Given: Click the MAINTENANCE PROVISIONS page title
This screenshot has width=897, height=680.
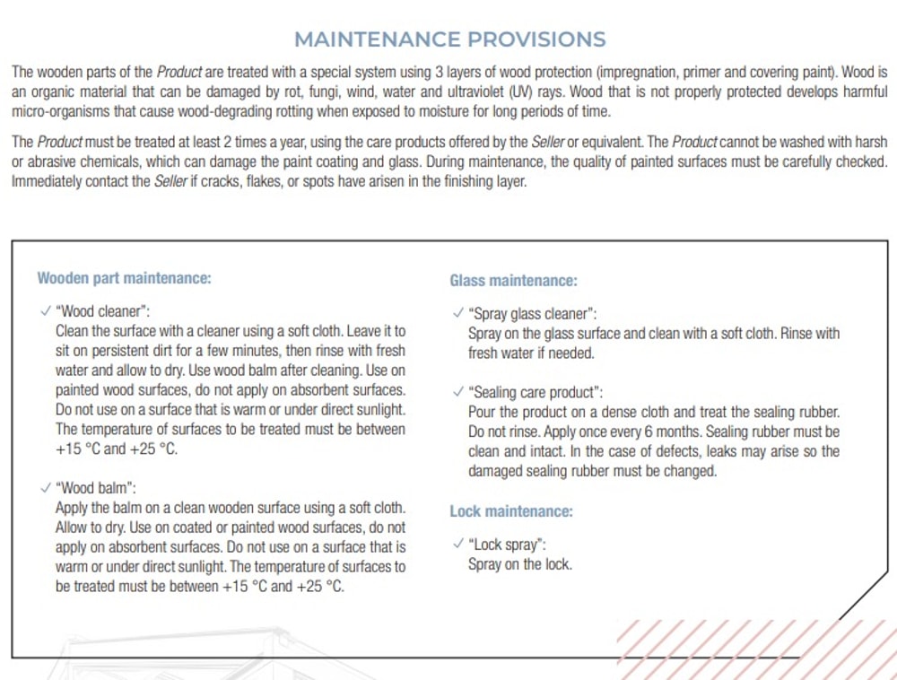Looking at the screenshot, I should tap(449, 39).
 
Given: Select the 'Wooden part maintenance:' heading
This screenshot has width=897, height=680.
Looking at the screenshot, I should tap(124, 278).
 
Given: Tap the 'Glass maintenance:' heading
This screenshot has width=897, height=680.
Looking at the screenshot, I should tap(513, 281).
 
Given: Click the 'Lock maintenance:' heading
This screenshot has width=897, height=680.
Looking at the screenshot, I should tap(510, 511).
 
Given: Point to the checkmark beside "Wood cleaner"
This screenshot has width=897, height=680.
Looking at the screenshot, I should tap(45, 311).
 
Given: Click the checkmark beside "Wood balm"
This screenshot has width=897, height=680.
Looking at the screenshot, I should tap(45, 488).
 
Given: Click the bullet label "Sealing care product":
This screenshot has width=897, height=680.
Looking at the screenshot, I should tap(536, 392).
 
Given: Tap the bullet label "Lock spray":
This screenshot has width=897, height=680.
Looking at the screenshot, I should tap(508, 545).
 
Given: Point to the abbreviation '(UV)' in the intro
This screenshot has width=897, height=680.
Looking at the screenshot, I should tap(521, 92).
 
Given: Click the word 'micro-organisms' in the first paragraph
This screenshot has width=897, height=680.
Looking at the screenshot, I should tap(58, 112).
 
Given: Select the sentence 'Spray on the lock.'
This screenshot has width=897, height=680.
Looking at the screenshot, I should tap(519, 564).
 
